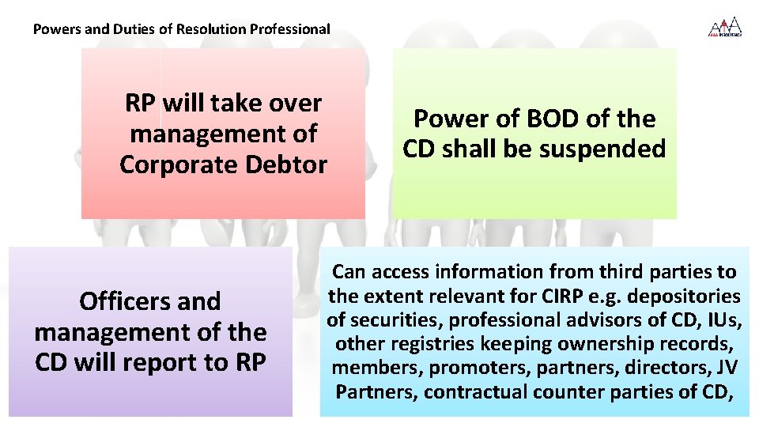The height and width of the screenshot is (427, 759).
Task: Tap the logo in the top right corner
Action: point(724,28)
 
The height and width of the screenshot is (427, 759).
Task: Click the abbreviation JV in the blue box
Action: point(725,368)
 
